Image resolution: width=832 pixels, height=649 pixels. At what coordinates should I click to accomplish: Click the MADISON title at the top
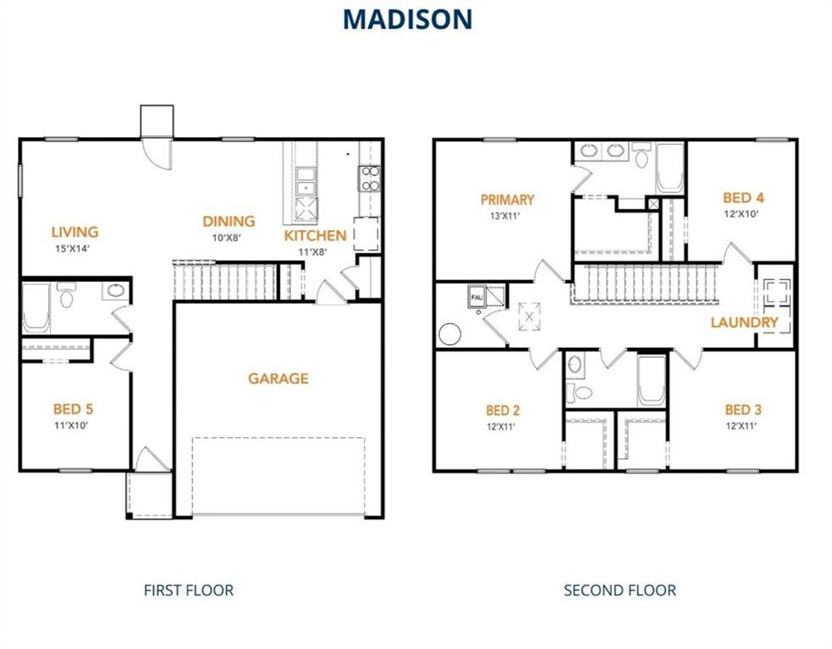pos(407,19)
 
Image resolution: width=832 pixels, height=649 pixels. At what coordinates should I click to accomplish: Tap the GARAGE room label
pos(278,379)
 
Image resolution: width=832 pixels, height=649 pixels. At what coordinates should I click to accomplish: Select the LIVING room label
pos(75,232)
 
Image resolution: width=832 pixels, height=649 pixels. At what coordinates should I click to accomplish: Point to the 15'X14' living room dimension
pos(71,248)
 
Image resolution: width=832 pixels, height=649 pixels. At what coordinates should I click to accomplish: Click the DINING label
pos(228,222)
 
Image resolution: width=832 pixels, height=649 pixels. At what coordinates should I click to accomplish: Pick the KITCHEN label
pos(315,236)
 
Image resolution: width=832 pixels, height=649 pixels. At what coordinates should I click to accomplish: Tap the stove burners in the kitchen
pos(370,179)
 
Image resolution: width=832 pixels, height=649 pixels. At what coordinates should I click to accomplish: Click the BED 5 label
pos(73,409)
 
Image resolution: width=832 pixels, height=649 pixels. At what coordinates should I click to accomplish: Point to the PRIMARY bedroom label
pos(507,199)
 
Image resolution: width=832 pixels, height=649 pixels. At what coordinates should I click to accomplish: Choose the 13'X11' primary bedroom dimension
pos(505,216)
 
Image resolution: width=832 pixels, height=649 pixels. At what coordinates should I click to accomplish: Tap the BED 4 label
pos(743,197)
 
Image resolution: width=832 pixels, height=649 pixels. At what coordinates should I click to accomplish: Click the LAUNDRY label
pos(744,322)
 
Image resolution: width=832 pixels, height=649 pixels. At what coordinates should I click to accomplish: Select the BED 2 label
pos(502,411)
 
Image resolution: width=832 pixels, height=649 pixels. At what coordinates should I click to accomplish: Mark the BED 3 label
pos(743,410)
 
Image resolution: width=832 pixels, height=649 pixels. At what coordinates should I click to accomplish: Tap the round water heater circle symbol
pos(450,335)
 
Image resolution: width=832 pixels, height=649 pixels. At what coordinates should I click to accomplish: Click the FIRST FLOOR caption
pos(188,591)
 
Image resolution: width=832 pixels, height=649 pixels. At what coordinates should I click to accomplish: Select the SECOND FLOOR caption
pos(619,591)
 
